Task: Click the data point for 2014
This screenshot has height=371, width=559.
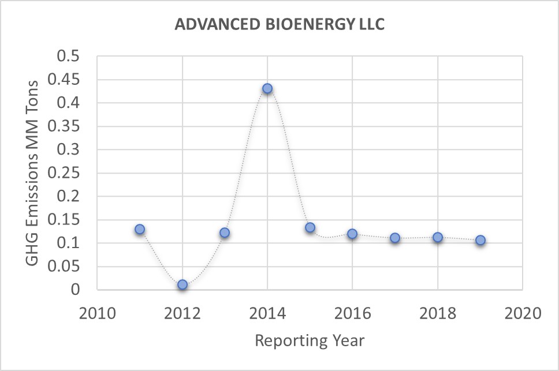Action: tap(267, 88)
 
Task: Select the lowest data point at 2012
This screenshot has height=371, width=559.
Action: tap(182, 284)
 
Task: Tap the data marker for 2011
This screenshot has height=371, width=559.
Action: tap(140, 229)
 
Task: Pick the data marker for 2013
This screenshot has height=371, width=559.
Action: tap(225, 233)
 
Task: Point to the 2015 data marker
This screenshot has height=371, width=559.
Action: tap(310, 227)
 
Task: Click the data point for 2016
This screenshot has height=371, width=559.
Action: tap(352, 234)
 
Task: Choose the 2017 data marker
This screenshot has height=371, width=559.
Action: tap(395, 238)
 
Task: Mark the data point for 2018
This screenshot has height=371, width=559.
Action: tap(438, 237)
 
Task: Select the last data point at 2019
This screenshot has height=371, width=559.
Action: tap(480, 240)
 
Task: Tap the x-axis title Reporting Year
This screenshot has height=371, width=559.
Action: tap(310, 340)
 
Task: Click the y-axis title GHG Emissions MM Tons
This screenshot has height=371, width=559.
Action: tap(33, 173)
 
